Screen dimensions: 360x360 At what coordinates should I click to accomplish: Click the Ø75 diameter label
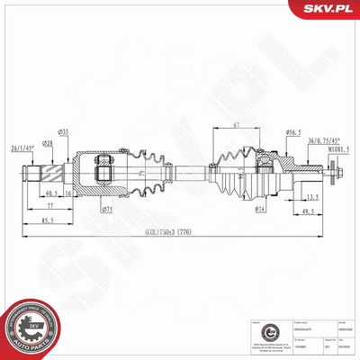(x=106, y=210)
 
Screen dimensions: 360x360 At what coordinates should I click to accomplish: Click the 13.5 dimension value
(x=312, y=196)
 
